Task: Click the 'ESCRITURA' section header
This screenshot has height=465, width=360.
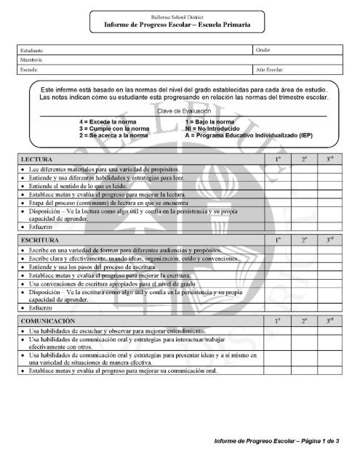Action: click(x=41, y=238)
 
